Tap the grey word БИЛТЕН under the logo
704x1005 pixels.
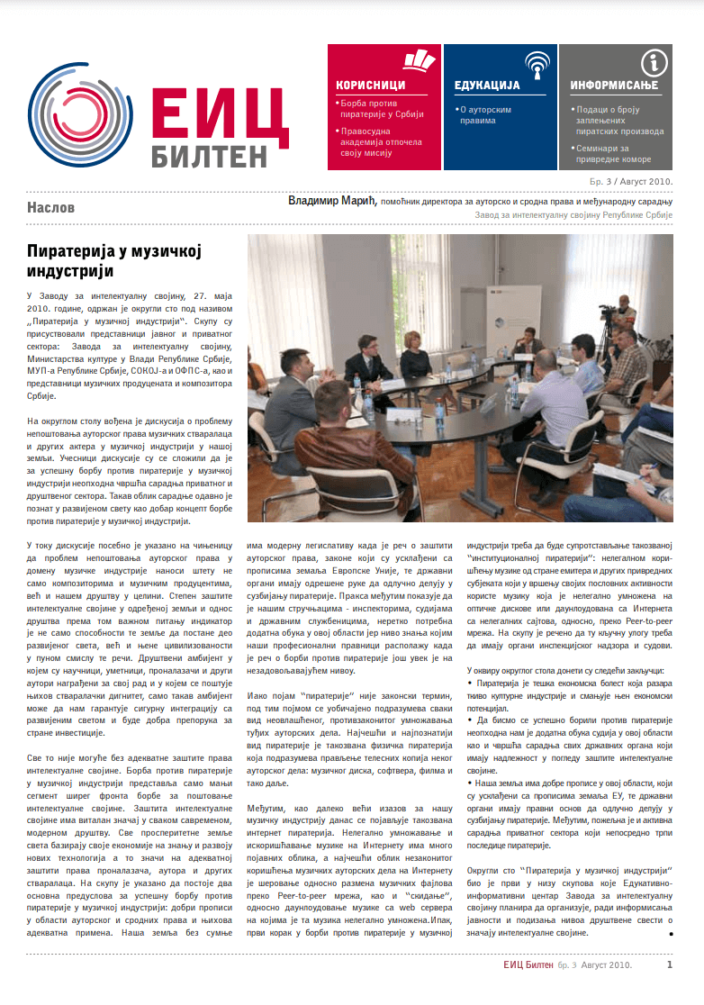point(208,153)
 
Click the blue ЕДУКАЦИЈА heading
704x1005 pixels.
point(488,85)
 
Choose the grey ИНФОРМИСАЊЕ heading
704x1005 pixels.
point(614,85)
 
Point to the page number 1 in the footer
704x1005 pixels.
point(669,964)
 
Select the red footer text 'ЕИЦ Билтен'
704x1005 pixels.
point(528,965)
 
